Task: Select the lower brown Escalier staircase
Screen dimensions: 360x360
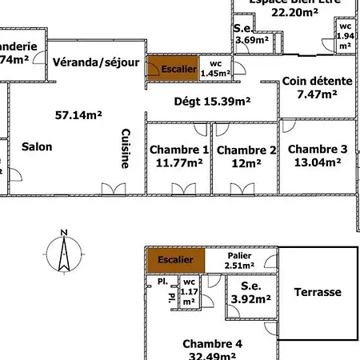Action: coord(174,260)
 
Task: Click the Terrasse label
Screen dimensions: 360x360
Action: coord(317,292)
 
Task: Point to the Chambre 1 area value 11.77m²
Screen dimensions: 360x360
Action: coord(179,164)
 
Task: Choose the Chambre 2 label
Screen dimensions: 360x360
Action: coord(246,150)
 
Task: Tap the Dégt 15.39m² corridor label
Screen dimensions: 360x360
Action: coord(212,102)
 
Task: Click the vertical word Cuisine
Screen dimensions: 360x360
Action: coord(126,149)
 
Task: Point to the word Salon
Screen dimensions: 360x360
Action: coord(37,146)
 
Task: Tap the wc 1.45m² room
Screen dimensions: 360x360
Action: coord(215,69)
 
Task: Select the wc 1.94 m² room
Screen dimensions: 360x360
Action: coord(345,37)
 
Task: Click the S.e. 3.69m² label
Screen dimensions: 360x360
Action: coord(250,34)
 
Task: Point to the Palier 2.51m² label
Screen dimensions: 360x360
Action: coord(239,260)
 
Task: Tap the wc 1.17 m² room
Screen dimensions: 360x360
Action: coord(190,292)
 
